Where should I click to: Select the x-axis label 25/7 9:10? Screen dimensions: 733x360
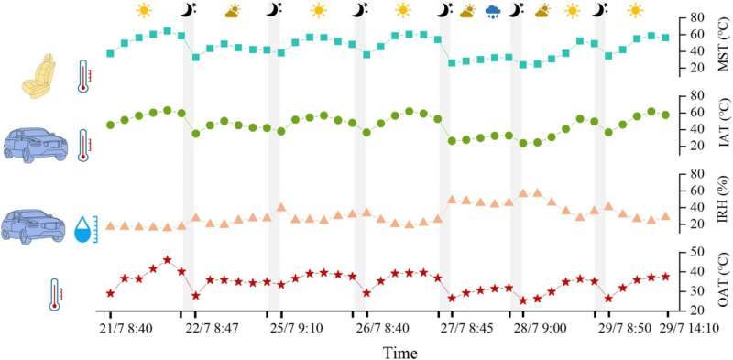(x=296, y=328)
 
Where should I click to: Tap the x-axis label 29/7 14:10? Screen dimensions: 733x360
(x=689, y=328)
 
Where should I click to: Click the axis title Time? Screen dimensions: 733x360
(x=400, y=352)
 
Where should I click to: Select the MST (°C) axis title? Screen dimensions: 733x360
(x=724, y=47)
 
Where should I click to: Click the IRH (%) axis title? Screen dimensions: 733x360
(x=724, y=207)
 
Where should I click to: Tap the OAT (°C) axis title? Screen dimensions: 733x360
(x=724, y=285)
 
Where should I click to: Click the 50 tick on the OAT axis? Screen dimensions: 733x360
(x=691, y=252)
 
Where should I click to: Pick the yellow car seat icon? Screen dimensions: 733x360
(x=40, y=77)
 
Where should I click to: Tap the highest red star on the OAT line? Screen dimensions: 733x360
(x=168, y=260)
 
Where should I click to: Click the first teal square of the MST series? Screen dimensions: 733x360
(x=110, y=54)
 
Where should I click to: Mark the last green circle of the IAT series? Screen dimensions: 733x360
(x=666, y=115)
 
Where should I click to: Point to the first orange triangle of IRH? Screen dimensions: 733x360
(x=110, y=226)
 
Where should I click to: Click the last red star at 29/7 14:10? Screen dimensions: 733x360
(x=666, y=277)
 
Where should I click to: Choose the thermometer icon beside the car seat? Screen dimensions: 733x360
(x=83, y=76)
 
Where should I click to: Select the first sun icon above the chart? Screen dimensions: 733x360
(x=144, y=10)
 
